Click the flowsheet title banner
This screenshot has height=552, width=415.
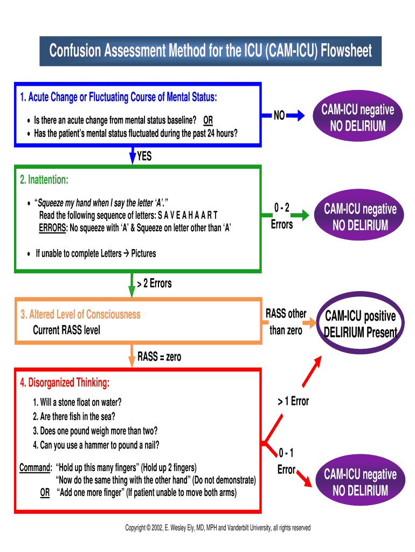(211, 51)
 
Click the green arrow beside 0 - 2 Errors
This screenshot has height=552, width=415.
(303, 216)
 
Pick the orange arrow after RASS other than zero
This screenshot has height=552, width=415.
(310, 323)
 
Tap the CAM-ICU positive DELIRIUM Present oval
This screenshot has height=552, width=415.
(360, 323)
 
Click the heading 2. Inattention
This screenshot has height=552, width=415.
(44, 179)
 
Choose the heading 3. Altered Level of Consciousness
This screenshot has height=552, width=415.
(80, 314)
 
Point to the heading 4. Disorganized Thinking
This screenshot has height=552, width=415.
(65, 383)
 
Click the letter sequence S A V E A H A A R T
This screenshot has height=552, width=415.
(188, 215)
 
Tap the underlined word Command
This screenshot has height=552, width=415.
(35, 467)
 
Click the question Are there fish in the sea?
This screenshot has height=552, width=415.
(74, 416)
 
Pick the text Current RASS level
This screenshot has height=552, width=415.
(66, 329)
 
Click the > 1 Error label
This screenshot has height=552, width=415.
(293, 401)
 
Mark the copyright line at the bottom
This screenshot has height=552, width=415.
(218, 528)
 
